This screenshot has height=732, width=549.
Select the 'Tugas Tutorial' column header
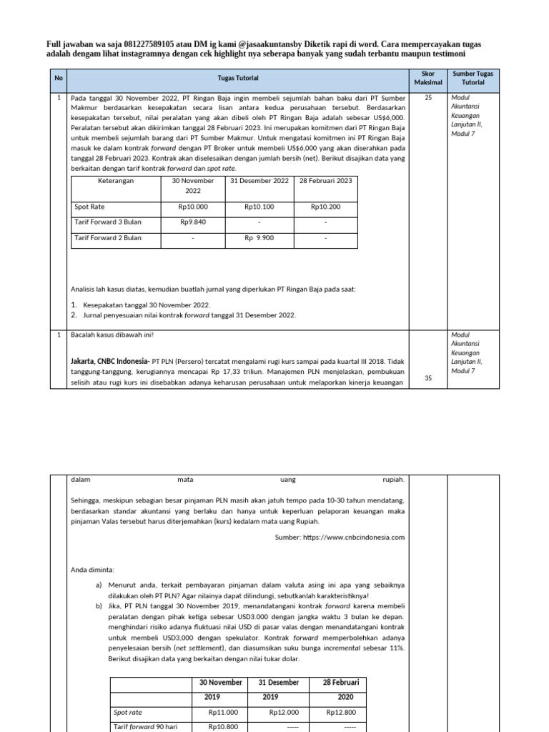238,78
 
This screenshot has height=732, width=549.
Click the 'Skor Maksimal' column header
428,78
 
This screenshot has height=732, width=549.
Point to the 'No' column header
59,78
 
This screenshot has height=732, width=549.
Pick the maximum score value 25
428,98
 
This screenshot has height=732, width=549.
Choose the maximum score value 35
428,379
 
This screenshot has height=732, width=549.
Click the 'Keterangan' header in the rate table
116,181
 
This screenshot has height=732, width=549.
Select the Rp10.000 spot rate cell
193,207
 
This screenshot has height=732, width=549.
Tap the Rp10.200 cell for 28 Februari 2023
325,207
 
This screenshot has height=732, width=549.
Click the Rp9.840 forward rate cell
193,222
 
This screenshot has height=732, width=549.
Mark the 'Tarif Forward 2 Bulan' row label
108,238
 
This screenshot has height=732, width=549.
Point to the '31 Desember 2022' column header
259,181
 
